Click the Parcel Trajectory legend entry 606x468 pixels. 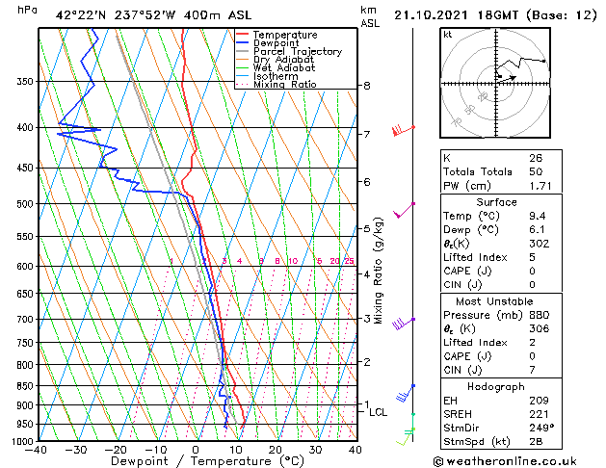coord(297,51)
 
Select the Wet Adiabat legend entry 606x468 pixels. coord(285,68)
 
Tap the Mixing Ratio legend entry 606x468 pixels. coord(284,85)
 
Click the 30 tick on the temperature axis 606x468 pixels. coord(315,450)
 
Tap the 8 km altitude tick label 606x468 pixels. coord(366,86)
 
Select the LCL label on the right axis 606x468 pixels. coord(379,412)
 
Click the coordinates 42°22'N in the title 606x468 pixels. coord(83,16)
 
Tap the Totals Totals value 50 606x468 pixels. coord(536,171)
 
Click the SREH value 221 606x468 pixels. coord(538,414)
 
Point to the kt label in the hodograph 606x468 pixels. coord(448,35)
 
